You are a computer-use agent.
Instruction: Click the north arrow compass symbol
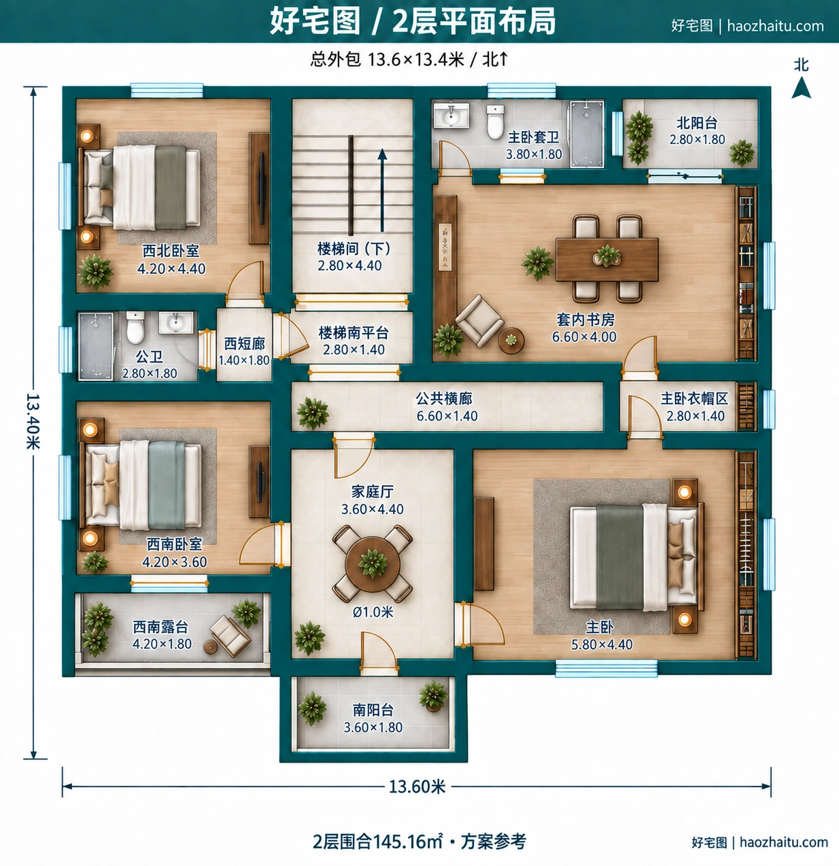(801, 88)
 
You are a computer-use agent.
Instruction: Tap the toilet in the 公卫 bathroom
(135, 327)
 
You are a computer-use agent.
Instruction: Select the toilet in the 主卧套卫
(495, 122)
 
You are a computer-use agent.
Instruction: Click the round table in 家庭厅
(373, 564)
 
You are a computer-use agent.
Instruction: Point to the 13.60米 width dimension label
(417, 786)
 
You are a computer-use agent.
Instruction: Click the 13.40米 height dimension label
(33, 421)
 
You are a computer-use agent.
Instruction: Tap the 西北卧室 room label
(171, 251)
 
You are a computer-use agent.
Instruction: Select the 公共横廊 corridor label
(444, 398)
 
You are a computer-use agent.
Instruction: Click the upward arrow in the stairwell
(382, 190)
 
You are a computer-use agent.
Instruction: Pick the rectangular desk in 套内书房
(606, 260)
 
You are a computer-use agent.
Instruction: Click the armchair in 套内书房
(479, 320)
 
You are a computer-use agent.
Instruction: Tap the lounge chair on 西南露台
(230, 636)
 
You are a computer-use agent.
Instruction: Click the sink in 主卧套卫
(451, 116)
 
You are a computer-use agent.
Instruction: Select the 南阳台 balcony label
(373, 710)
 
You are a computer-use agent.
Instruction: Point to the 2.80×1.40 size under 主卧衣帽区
(696, 416)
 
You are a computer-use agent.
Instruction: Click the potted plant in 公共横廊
(313, 413)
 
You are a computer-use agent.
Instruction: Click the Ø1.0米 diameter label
(373, 612)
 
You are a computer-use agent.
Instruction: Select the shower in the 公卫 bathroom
(96, 347)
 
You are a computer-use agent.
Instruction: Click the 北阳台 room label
(697, 122)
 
